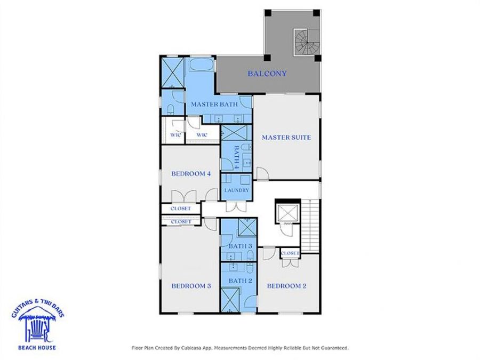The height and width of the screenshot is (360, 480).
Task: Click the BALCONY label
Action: (x=267, y=74)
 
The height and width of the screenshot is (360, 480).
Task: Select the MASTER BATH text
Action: (x=214, y=105)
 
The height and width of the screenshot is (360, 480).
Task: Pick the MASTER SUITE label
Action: (x=286, y=138)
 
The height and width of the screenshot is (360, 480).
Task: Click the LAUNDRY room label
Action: (x=236, y=190)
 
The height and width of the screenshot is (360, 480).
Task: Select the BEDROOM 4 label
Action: (x=191, y=173)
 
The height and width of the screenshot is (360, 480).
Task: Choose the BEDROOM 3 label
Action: (x=191, y=286)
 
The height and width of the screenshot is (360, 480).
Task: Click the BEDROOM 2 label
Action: (x=286, y=286)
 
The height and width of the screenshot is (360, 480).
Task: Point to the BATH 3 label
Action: (x=240, y=246)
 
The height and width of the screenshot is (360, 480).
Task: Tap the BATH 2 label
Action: (x=240, y=281)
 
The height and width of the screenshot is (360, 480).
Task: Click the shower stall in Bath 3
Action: (x=246, y=228)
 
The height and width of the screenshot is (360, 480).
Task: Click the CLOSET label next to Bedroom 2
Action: (x=290, y=253)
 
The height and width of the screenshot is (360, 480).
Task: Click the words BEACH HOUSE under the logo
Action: (x=37, y=348)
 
